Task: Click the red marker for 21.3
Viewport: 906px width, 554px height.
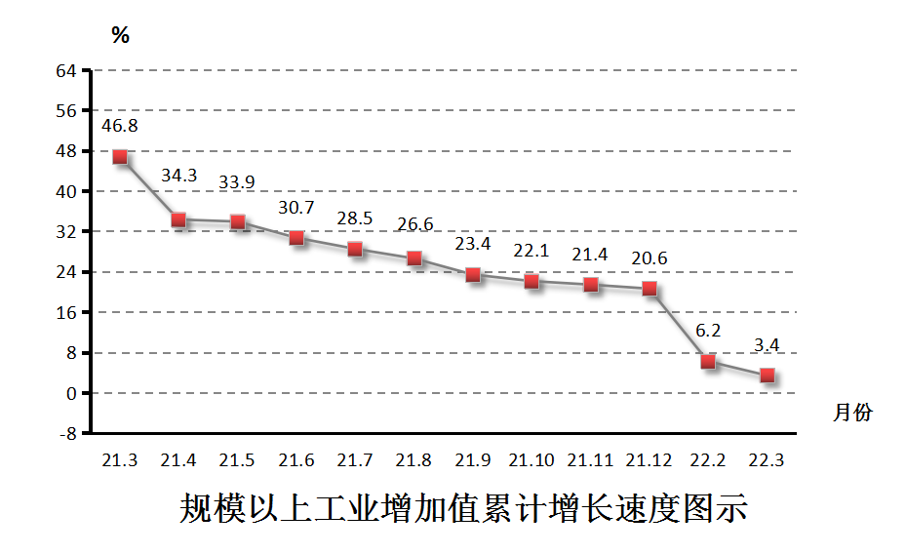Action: (x=120, y=156)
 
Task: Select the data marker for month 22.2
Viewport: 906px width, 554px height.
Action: (x=708, y=362)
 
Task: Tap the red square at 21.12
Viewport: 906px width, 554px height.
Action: (x=650, y=289)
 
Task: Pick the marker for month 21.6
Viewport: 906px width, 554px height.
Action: (x=296, y=238)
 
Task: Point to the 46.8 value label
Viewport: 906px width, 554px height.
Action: (x=120, y=126)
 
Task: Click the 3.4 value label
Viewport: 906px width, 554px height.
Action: (x=767, y=344)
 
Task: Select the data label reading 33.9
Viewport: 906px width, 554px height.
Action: (x=238, y=182)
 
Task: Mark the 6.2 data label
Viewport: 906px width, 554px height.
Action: (x=708, y=331)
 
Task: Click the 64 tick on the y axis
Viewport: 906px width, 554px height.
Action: (x=66, y=70)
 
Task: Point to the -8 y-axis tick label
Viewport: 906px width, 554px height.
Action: (x=66, y=433)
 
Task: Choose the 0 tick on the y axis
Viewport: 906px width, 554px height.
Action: (x=72, y=393)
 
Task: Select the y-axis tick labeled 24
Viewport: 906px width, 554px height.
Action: (x=66, y=272)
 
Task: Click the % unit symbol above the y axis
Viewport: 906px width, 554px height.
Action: (x=120, y=36)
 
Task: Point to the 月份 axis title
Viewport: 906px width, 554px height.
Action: (x=852, y=413)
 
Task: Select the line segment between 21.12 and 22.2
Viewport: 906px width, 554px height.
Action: (x=679, y=326)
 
